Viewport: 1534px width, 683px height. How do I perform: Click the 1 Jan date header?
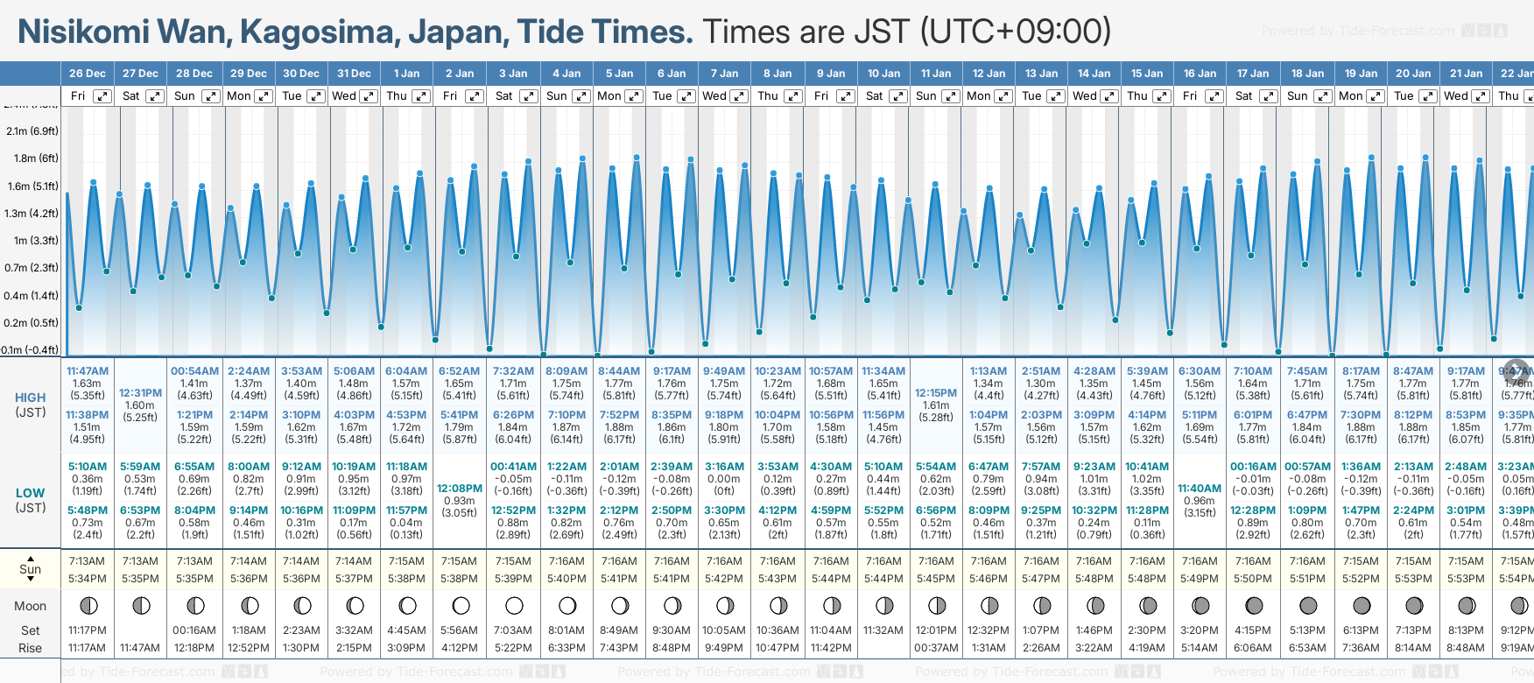406,74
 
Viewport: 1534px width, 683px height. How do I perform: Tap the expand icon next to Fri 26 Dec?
102,96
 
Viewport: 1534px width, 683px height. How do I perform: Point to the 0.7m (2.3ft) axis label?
31,268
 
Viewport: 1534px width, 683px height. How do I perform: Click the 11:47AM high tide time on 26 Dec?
88,371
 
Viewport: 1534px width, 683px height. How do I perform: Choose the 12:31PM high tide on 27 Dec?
140,393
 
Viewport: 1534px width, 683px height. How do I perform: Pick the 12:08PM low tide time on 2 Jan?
460,489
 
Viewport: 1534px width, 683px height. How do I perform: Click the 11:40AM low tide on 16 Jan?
1200,489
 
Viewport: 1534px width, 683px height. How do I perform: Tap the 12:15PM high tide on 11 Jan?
936,393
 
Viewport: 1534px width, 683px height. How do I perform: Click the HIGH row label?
31,398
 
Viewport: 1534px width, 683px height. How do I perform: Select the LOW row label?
31,493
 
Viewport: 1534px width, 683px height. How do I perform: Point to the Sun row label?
31,569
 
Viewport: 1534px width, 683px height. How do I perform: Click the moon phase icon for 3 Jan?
514,605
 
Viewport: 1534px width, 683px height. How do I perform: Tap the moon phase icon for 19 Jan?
1362,605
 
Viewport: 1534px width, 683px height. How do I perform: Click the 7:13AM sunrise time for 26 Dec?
88,561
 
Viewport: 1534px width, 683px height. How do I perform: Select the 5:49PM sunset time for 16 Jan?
1200,579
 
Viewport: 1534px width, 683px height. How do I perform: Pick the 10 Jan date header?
883,74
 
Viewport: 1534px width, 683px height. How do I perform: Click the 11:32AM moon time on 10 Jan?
883,630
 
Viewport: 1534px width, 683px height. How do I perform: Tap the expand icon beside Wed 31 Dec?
369,96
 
